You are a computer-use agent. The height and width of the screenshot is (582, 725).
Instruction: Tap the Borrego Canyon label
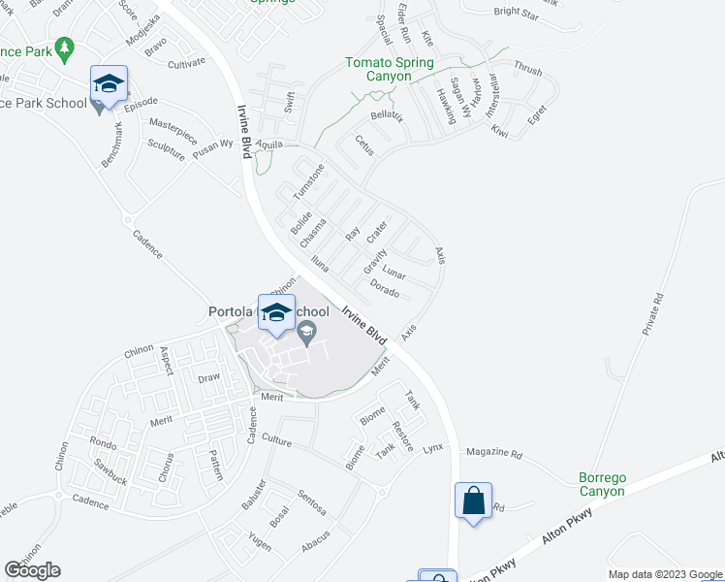603,484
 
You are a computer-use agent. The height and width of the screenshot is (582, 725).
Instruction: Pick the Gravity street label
374,260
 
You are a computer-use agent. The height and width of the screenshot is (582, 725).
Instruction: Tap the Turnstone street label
307,182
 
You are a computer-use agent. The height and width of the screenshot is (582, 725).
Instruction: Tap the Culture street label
276,440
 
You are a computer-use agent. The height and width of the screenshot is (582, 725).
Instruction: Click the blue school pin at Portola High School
276,311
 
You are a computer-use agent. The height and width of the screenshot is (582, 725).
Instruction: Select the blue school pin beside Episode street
110,82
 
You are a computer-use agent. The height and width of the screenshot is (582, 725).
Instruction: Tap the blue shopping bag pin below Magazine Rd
473,501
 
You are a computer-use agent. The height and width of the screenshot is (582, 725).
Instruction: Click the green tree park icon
65,48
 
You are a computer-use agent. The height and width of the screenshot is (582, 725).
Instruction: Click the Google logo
32,570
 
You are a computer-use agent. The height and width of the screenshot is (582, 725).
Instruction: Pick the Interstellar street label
489,89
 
